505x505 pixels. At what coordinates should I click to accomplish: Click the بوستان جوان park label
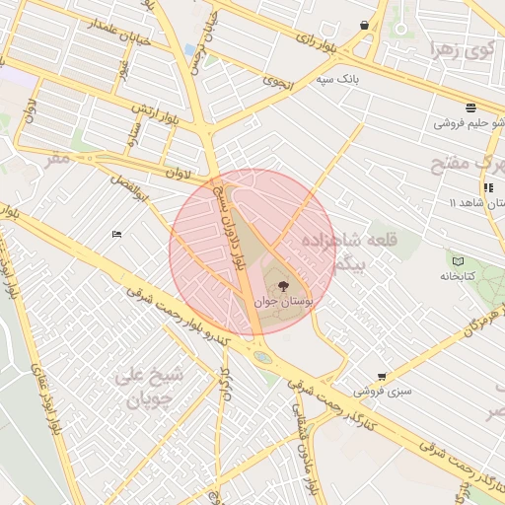[x=284, y=302]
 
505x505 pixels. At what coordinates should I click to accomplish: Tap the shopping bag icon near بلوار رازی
[x=365, y=26]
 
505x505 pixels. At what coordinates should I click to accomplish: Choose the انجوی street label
[x=279, y=84]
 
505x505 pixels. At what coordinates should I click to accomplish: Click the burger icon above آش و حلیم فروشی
[x=471, y=108]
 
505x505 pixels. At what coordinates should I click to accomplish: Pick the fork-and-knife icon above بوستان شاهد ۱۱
[x=487, y=187]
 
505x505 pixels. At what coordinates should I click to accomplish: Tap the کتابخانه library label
[x=458, y=276]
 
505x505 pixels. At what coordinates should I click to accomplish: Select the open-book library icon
[x=458, y=261]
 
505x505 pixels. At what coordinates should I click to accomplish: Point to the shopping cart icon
[x=382, y=377]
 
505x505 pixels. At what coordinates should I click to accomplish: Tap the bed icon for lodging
[x=116, y=235]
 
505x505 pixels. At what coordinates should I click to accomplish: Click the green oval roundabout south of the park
[x=262, y=357]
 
